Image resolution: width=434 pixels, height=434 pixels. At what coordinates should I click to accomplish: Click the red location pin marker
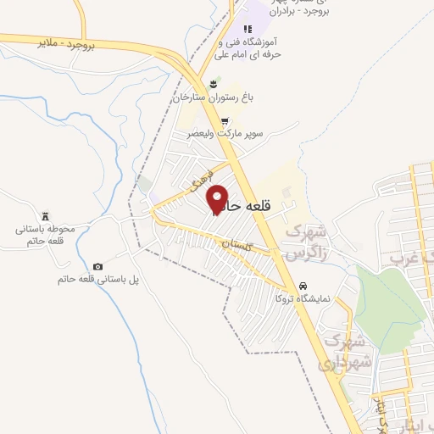pos(218,199)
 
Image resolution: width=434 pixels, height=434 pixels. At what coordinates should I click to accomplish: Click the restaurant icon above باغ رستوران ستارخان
pos(216,82)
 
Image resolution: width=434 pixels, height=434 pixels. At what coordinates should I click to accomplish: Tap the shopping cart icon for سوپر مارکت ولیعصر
pos(225,120)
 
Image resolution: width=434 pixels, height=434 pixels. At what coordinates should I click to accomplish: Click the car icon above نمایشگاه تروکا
pos(303,285)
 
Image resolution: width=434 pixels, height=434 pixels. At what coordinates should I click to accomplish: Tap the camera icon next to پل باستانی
pos(98,267)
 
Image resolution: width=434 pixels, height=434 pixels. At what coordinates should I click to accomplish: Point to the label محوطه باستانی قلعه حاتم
pos(46,235)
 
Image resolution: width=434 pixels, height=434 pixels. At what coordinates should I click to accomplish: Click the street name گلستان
pos(237,246)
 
